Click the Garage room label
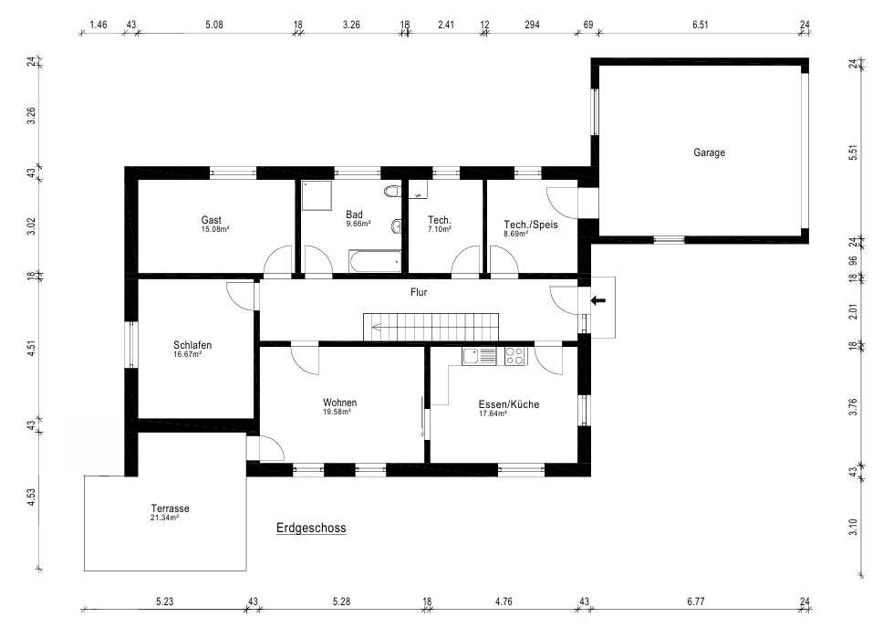pyautogui.click(x=709, y=152)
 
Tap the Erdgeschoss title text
pyautogui.click(x=311, y=529)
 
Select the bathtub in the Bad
pyautogui.click(x=375, y=261)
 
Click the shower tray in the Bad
pyautogui.click(x=317, y=195)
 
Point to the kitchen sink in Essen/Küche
pyautogui.click(x=479, y=356)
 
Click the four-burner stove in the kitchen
pyautogui.click(x=515, y=356)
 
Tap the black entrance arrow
pyautogui.click(x=598, y=300)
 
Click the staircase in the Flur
pyautogui.click(x=431, y=327)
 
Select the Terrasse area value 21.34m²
pyautogui.click(x=164, y=518)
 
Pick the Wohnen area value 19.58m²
pyautogui.click(x=337, y=412)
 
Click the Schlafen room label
pyautogui.click(x=192, y=345)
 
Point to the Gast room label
pyautogui.click(x=212, y=220)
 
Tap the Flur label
pyautogui.click(x=419, y=292)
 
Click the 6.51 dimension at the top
pyautogui.click(x=700, y=25)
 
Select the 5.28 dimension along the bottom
pyautogui.click(x=341, y=602)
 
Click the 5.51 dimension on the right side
pyautogui.click(x=853, y=152)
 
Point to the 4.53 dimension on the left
pyautogui.click(x=32, y=497)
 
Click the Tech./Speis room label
pyautogui.click(x=531, y=225)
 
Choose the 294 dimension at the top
pyautogui.click(x=532, y=25)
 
